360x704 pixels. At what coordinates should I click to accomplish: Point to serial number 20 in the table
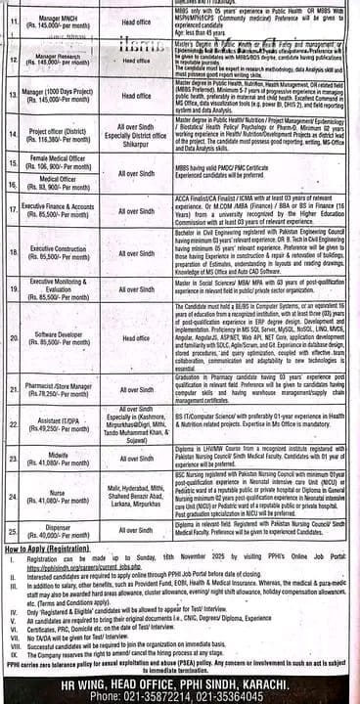11,338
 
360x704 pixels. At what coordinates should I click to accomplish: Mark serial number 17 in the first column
11,209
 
